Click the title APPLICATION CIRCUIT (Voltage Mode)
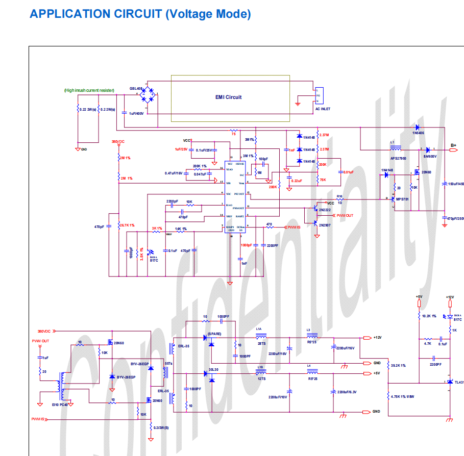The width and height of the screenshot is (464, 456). tap(140, 14)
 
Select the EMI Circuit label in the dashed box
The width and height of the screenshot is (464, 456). tap(228, 97)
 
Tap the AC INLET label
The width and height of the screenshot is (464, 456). tap(323, 109)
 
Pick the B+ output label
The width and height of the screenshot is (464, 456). tap(453, 145)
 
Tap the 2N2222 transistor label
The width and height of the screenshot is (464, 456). tap(325, 209)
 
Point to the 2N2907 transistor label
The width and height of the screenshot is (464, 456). tap(325, 224)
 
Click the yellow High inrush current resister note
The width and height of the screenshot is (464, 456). tap(89, 90)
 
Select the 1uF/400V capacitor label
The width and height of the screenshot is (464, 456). tap(137, 113)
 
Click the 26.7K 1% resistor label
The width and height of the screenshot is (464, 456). tap(127, 225)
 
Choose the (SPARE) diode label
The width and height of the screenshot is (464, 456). tap(214, 334)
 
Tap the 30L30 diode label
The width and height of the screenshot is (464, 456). tap(213, 370)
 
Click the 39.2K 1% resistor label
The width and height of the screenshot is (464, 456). tap(398, 365)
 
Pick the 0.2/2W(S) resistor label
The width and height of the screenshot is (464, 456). tap(161, 427)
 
